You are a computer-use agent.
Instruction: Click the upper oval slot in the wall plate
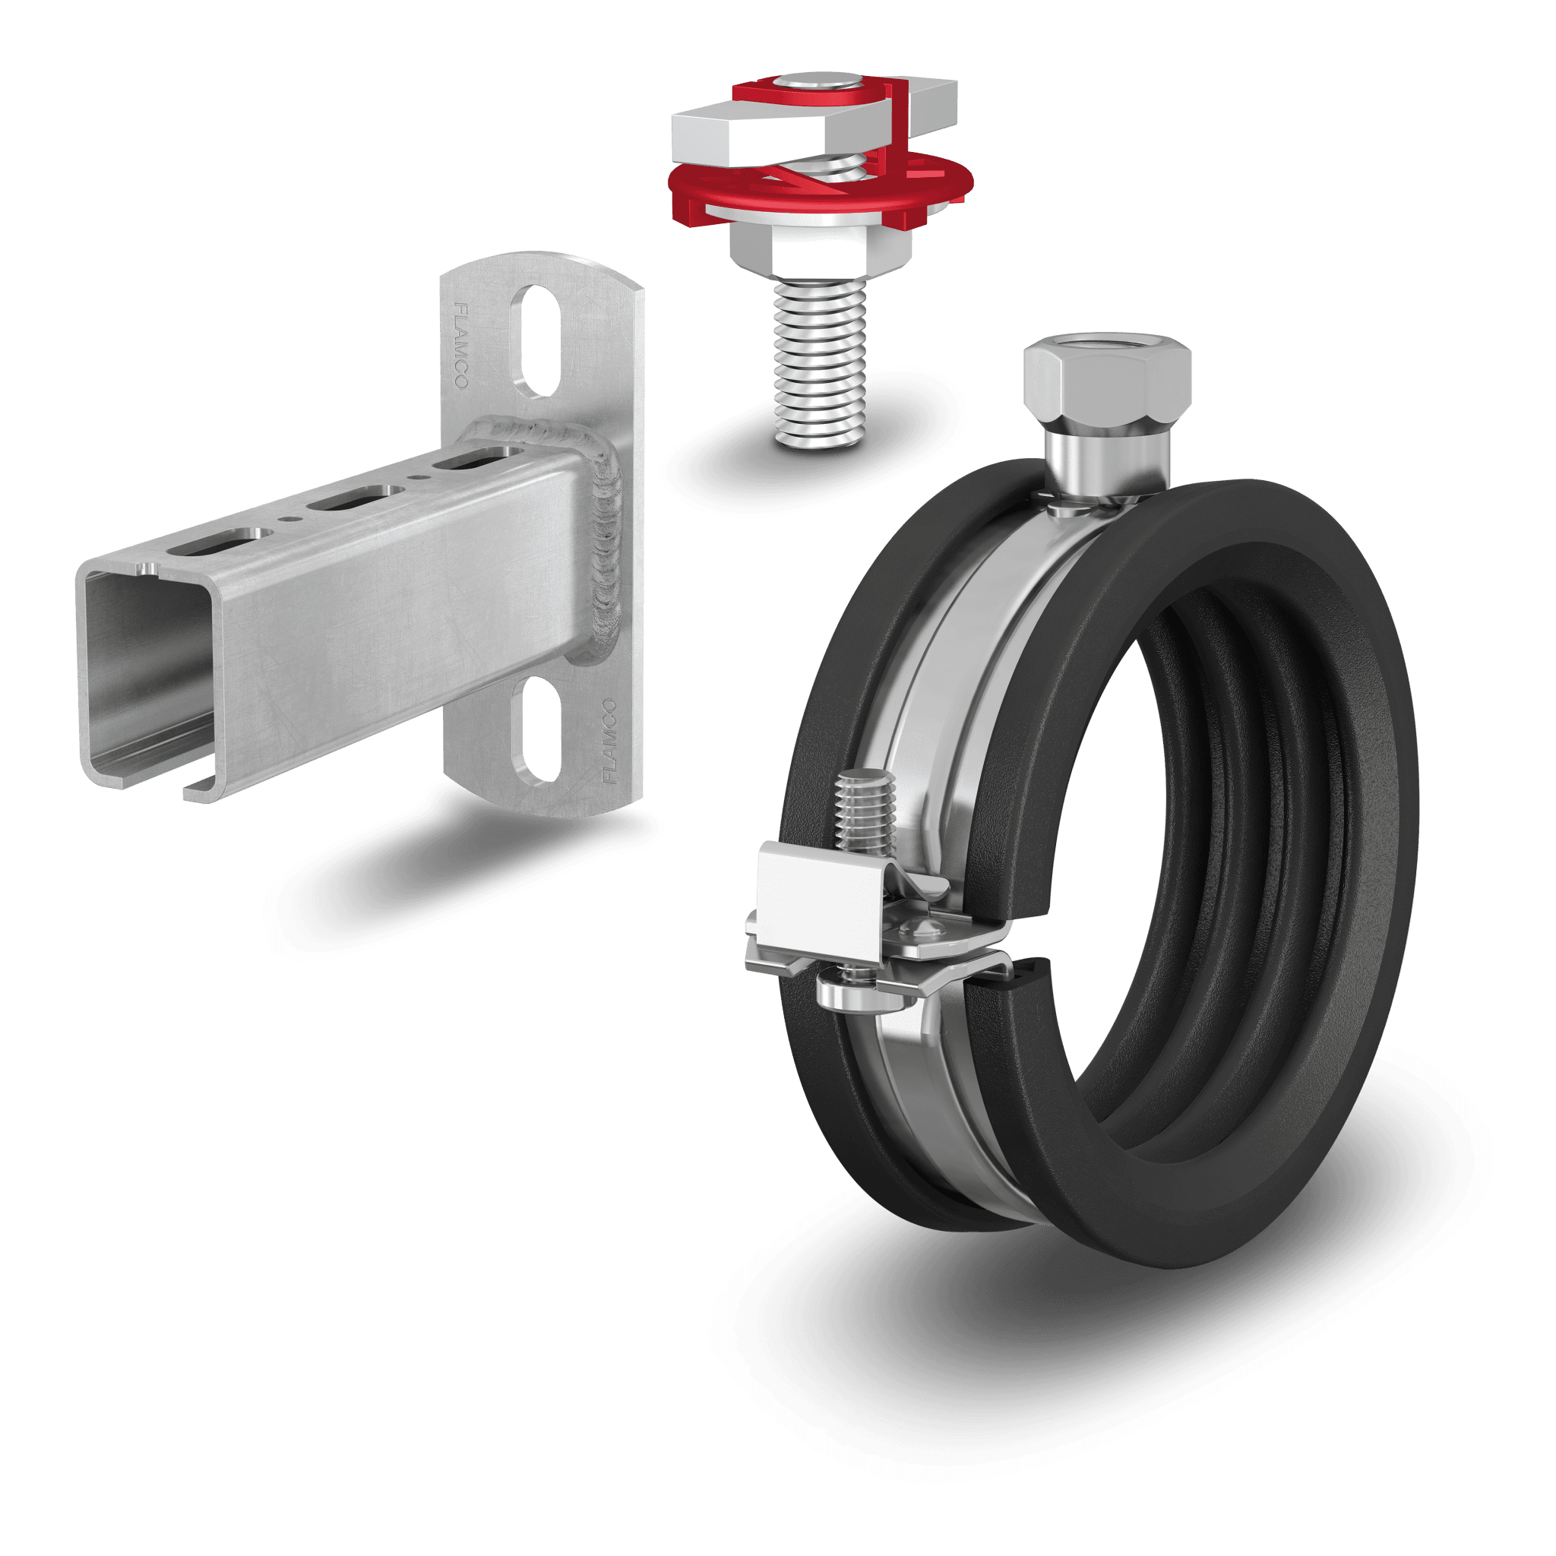click(x=536, y=340)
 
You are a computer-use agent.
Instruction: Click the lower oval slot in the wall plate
click(x=536, y=730)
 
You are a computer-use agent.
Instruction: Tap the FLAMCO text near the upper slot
click(x=461, y=346)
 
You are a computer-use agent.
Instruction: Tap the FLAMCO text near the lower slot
click(x=609, y=741)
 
